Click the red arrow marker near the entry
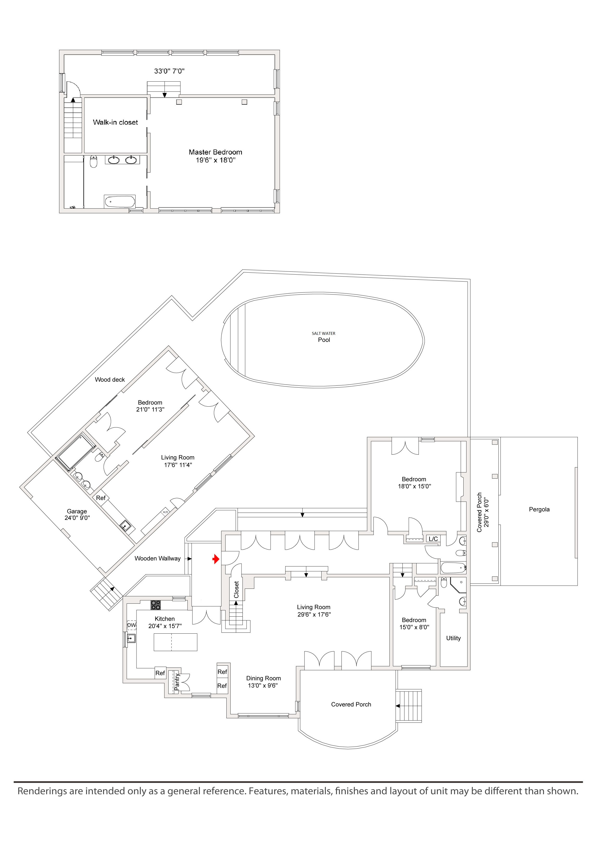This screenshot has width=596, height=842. click(216, 559)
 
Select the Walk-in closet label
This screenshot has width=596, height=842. click(115, 122)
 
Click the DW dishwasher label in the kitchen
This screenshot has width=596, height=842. click(131, 625)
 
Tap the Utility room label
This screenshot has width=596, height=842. click(453, 638)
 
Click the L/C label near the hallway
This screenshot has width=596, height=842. click(433, 539)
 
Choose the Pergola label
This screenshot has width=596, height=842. click(539, 509)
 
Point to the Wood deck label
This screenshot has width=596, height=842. click(110, 379)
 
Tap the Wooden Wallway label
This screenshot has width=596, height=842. click(158, 559)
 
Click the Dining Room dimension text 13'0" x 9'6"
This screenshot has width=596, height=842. click(263, 686)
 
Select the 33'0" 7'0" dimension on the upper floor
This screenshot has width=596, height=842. click(169, 71)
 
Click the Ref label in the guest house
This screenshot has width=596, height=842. click(101, 498)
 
